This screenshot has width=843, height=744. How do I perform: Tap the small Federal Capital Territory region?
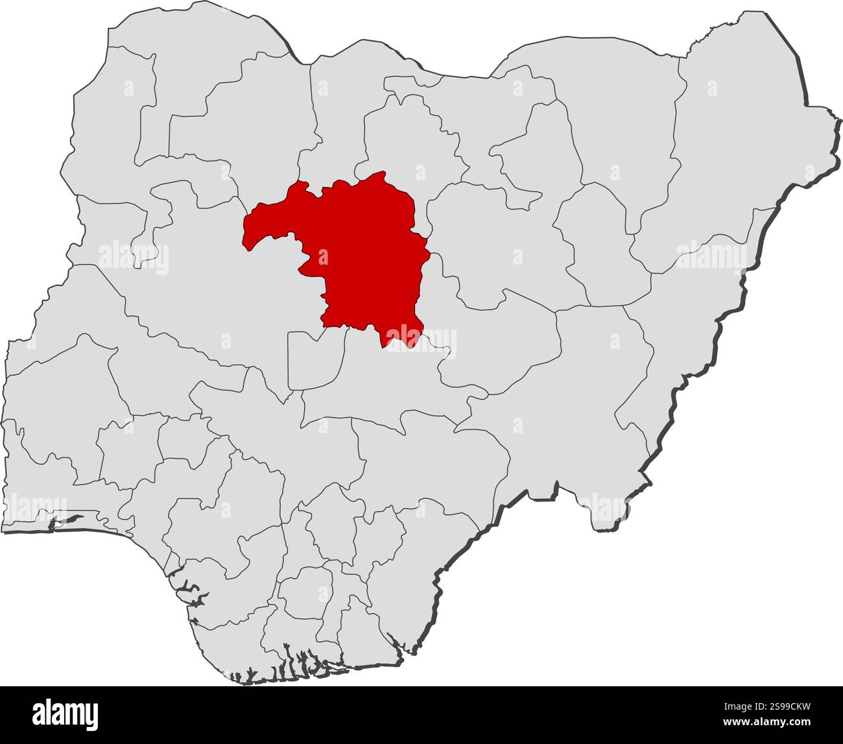click(x=314, y=360)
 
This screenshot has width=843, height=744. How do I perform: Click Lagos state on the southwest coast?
click(x=39, y=519)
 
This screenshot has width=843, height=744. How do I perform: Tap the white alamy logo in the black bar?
click(x=65, y=714)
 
